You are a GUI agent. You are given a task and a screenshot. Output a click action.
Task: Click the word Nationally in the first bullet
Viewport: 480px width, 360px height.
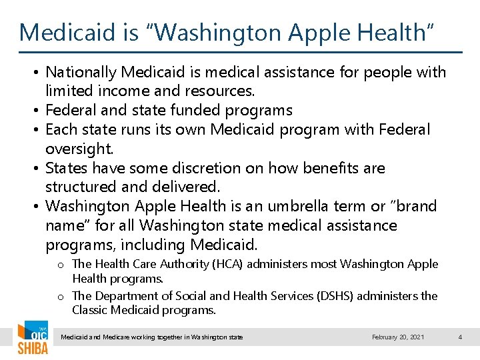pyautogui.click(x=82, y=72)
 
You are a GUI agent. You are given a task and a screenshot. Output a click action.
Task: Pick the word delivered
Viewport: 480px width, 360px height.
pyautogui.click(x=187, y=187)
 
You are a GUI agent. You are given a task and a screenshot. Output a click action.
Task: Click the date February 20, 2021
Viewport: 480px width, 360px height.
pyautogui.click(x=398, y=337)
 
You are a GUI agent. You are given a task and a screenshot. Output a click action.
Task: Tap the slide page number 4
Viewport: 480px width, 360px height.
pyautogui.click(x=460, y=337)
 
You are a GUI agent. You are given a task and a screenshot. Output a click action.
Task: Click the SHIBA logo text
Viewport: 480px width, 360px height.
pyautogui.click(x=32, y=348)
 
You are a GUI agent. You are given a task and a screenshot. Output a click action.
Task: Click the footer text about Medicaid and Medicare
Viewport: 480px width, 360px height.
pyautogui.click(x=152, y=337)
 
